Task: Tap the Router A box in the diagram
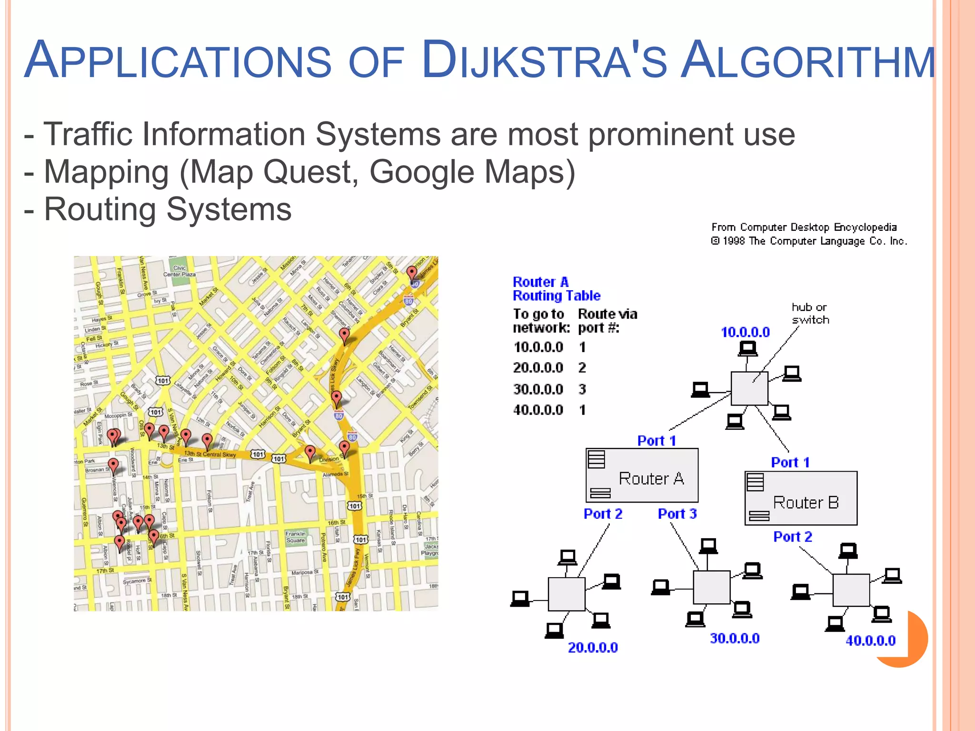642,475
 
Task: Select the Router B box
801,498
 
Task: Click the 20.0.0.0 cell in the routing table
538,368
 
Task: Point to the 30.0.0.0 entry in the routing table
538,389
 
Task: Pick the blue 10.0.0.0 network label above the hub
745,332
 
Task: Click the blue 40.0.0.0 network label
870,641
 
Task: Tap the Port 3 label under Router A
677,514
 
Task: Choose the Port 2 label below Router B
792,537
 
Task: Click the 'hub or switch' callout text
810,314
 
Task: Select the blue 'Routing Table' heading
557,296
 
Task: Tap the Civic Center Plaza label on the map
179,271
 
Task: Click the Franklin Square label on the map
295,537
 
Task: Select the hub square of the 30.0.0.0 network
711,587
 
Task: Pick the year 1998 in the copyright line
734,241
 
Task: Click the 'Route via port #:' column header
607,321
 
